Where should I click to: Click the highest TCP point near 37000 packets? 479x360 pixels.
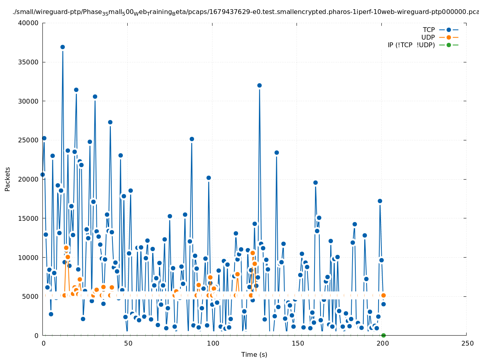(62, 47)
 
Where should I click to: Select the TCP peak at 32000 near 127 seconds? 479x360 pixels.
(259, 85)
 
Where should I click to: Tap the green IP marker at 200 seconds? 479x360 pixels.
(383, 335)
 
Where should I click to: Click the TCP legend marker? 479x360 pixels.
(449, 30)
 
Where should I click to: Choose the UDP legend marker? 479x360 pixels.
(449, 37)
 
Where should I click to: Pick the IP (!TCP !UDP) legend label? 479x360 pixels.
(411, 45)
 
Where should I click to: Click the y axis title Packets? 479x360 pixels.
(8, 179)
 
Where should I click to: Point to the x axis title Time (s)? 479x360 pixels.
(254, 354)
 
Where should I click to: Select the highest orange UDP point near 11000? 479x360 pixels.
(66, 248)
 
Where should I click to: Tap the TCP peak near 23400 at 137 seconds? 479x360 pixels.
(277, 152)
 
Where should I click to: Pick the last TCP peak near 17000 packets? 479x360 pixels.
(380, 201)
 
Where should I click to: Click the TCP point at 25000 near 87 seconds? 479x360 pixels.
(192, 139)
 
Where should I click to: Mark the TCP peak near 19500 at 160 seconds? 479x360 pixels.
(315, 182)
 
